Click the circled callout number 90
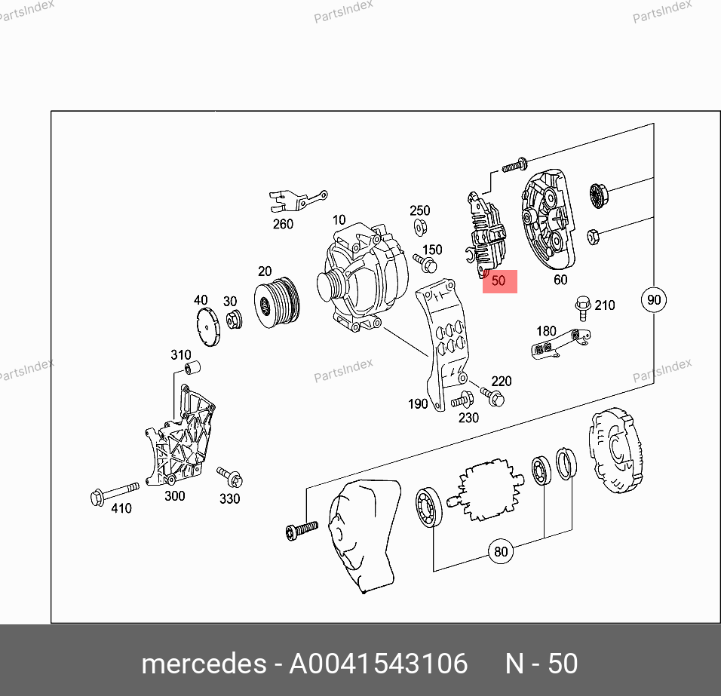[653, 299]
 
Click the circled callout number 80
[500, 551]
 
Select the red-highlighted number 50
[499, 281]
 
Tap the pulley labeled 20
[277, 302]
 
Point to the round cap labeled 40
[208, 327]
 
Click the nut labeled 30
[235, 319]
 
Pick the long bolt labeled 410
[115, 493]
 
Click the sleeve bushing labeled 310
[192, 368]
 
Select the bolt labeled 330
[230, 477]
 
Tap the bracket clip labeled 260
[297, 201]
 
